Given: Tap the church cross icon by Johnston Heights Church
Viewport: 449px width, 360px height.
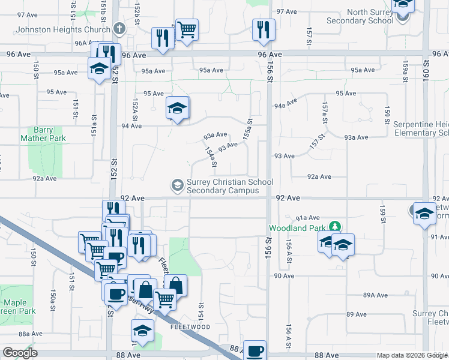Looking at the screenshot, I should [x=119, y=28].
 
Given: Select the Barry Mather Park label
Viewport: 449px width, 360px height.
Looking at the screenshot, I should [x=43, y=134].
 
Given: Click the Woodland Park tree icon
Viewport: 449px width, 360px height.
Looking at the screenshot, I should [x=336, y=227].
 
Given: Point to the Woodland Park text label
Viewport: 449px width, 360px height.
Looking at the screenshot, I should [x=297, y=228].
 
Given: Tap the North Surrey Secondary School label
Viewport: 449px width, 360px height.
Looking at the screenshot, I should [x=360, y=16].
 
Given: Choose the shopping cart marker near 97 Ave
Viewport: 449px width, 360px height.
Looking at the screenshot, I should [x=187, y=29].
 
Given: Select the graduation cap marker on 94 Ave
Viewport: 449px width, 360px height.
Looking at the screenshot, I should [x=177, y=109].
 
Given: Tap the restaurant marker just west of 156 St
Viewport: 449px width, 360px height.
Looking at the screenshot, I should [x=264, y=29].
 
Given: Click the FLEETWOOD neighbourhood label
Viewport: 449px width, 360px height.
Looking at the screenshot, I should [x=190, y=327].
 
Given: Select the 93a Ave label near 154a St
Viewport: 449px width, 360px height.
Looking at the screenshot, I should [x=215, y=135].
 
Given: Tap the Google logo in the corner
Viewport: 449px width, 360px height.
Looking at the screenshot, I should [x=20, y=353].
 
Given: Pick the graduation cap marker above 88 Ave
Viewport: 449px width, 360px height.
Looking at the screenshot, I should [x=142, y=331].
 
